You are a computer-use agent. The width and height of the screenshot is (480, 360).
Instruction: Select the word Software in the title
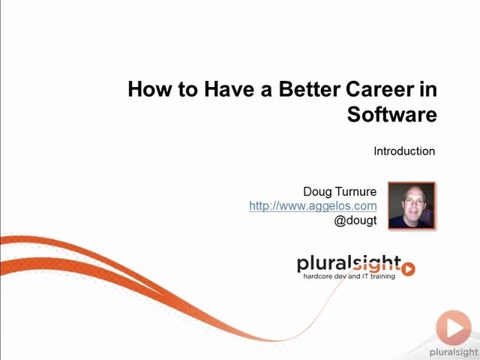click(x=391, y=115)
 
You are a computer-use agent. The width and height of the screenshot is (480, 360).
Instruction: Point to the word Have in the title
click(x=229, y=89)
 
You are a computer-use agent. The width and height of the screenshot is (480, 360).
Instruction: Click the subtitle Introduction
click(x=404, y=151)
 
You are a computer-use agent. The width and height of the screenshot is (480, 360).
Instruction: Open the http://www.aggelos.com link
click(x=313, y=205)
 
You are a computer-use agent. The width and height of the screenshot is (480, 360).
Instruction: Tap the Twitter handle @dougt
click(x=355, y=220)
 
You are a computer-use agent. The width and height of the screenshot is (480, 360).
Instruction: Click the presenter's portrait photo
click(x=412, y=205)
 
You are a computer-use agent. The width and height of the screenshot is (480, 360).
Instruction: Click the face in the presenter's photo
click(x=413, y=203)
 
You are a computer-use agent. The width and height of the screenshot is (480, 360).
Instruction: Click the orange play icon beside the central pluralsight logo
click(x=408, y=269)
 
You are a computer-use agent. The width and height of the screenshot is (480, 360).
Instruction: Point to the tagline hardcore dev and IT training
click(x=349, y=276)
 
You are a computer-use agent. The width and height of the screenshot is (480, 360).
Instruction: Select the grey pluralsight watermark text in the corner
click(x=454, y=353)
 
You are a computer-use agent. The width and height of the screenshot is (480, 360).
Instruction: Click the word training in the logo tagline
click(x=382, y=277)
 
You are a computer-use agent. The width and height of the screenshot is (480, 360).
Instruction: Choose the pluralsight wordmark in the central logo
click(x=349, y=264)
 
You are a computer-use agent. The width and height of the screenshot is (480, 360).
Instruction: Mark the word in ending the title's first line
click(x=427, y=89)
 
